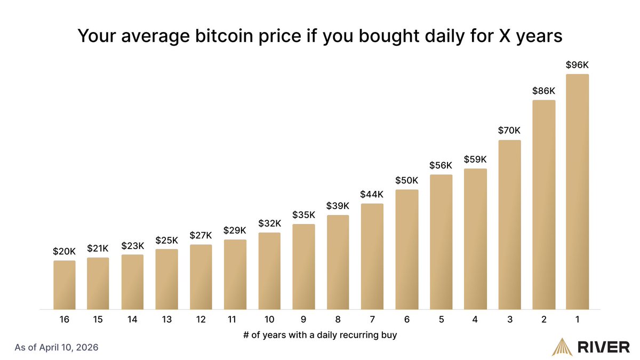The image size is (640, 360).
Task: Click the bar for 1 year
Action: [578, 192]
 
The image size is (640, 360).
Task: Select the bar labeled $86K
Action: [543, 205]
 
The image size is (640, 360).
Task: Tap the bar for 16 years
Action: [64, 285]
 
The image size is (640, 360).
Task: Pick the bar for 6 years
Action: [407, 250]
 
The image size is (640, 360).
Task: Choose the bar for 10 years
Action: [269, 271]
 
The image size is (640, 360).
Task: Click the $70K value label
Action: [509, 130]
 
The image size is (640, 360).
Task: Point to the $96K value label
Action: [578, 65]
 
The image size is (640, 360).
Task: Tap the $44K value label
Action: [372, 194]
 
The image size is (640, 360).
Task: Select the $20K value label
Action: [64, 251]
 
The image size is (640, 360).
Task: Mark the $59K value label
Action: [475, 159]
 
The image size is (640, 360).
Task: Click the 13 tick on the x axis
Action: [166, 319]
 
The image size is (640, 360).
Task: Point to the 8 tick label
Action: [338, 319]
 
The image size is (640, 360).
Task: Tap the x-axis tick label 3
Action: [509, 319]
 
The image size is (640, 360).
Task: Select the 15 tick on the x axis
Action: [98, 319]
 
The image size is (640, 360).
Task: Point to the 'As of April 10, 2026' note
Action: [57, 347]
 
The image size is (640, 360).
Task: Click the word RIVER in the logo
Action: [604, 347]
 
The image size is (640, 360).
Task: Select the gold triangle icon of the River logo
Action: [563, 347]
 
